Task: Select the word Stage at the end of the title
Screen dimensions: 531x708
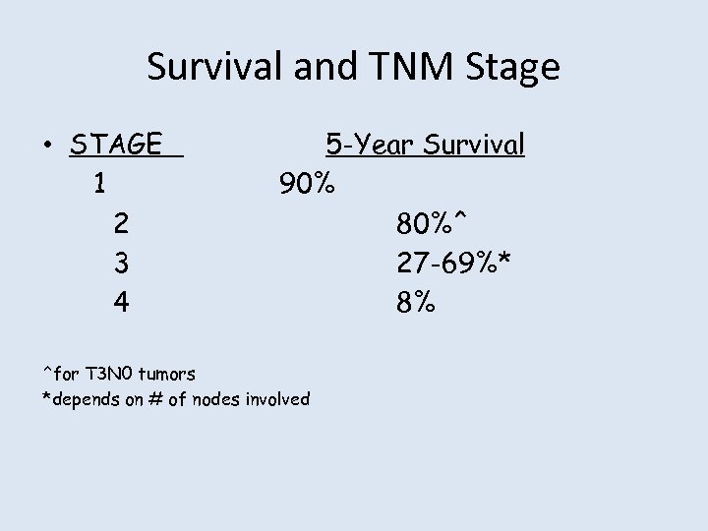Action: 512,67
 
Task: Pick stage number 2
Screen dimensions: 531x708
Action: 120,224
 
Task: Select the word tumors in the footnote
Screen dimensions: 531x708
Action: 168,374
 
